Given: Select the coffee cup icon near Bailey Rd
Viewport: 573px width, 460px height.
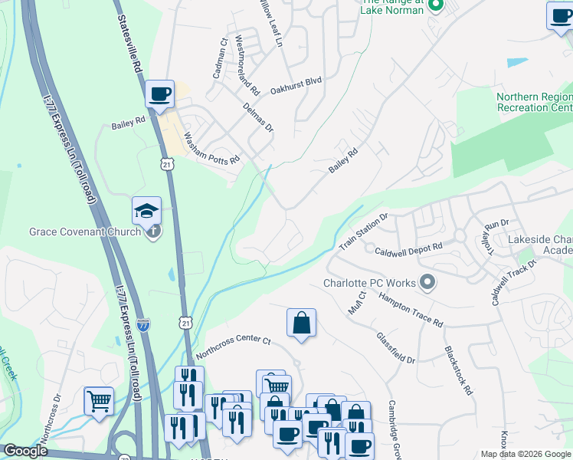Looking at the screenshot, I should point(159,94).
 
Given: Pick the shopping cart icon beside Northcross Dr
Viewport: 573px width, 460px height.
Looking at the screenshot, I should point(99,401).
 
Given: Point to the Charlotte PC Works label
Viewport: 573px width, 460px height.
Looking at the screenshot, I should point(369,283).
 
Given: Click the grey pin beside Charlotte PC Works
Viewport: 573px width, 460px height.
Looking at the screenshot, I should point(428,284).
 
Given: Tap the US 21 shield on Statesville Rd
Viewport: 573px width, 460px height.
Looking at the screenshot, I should point(167,163).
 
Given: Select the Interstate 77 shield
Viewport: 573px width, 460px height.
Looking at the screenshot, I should point(143,324).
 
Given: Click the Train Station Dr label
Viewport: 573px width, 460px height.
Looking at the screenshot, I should point(365,231).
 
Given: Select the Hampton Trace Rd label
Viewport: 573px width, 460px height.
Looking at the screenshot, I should point(411,311).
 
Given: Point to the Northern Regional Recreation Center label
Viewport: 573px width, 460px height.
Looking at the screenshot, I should point(534,103).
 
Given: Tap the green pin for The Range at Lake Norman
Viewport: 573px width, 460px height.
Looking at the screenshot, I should point(436,8).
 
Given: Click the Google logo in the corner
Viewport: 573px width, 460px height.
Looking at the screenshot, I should point(26,451).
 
